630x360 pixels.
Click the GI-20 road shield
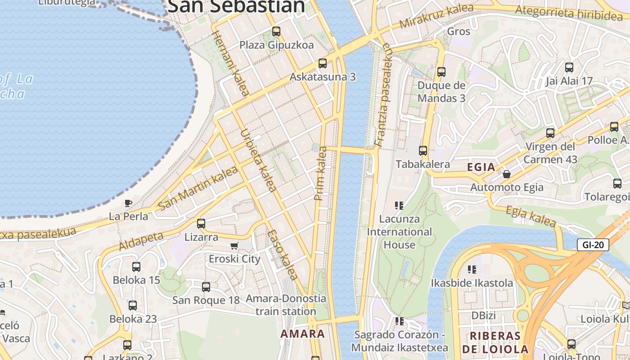pos(593,245)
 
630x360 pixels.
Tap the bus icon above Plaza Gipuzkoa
pos(276,31)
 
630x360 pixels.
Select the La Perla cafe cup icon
pos(128,203)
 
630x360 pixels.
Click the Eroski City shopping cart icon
pos(234,246)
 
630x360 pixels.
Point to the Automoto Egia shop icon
pos(507,174)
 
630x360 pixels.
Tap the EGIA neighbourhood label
pos(481,167)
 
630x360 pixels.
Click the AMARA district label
pos(302,334)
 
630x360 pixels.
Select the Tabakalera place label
pos(423,164)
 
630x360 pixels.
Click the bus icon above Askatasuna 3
pos(322,63)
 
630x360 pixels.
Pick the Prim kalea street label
pos(321,173)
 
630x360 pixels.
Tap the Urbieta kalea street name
pos(258,161)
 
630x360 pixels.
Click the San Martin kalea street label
pos(198,188)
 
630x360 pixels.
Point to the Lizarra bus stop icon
pos(201,223)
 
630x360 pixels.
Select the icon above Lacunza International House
pos(399,206)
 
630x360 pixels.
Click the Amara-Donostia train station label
pos(286,305)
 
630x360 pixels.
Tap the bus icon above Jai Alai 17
pos(569,67)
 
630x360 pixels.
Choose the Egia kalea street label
pos(531,216)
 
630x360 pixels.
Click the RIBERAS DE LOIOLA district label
pos(495,342)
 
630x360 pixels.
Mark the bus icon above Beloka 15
pos(136,266)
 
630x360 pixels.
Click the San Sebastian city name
pos(236,6)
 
